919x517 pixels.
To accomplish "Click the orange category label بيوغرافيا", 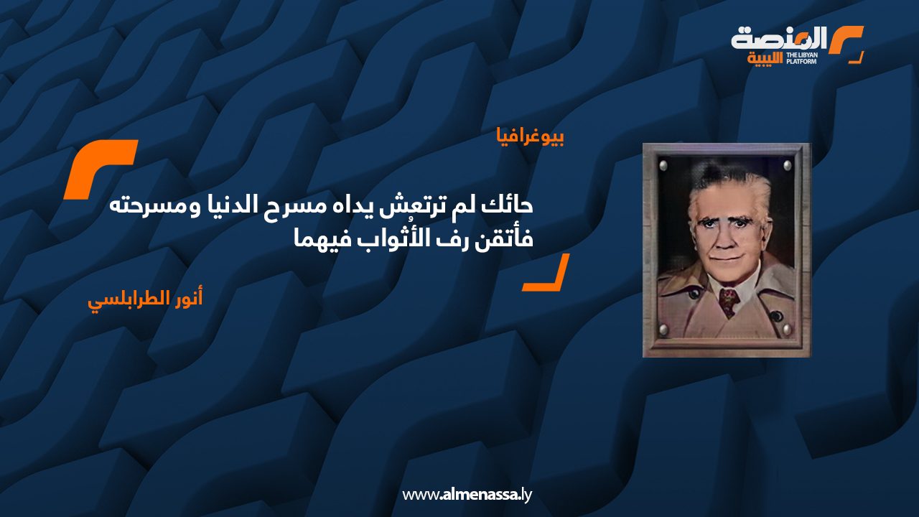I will [x=530, y=136].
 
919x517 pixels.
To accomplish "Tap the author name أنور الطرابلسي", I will [x=145, y=299].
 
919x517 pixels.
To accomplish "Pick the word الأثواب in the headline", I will [x=392, y=238].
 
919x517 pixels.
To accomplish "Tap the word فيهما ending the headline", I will [x=317, y=238].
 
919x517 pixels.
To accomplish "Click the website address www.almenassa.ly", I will [x=467, y=494].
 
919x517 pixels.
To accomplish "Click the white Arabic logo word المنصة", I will [x=779, y=39].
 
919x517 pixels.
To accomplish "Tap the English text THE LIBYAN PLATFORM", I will [x=803, y=57].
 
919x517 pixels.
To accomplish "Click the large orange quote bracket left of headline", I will [x=101, y=169].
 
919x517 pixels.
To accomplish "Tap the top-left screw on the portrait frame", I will [x=663, y=166].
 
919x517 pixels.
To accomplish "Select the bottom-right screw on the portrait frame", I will [x=787, y=330].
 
